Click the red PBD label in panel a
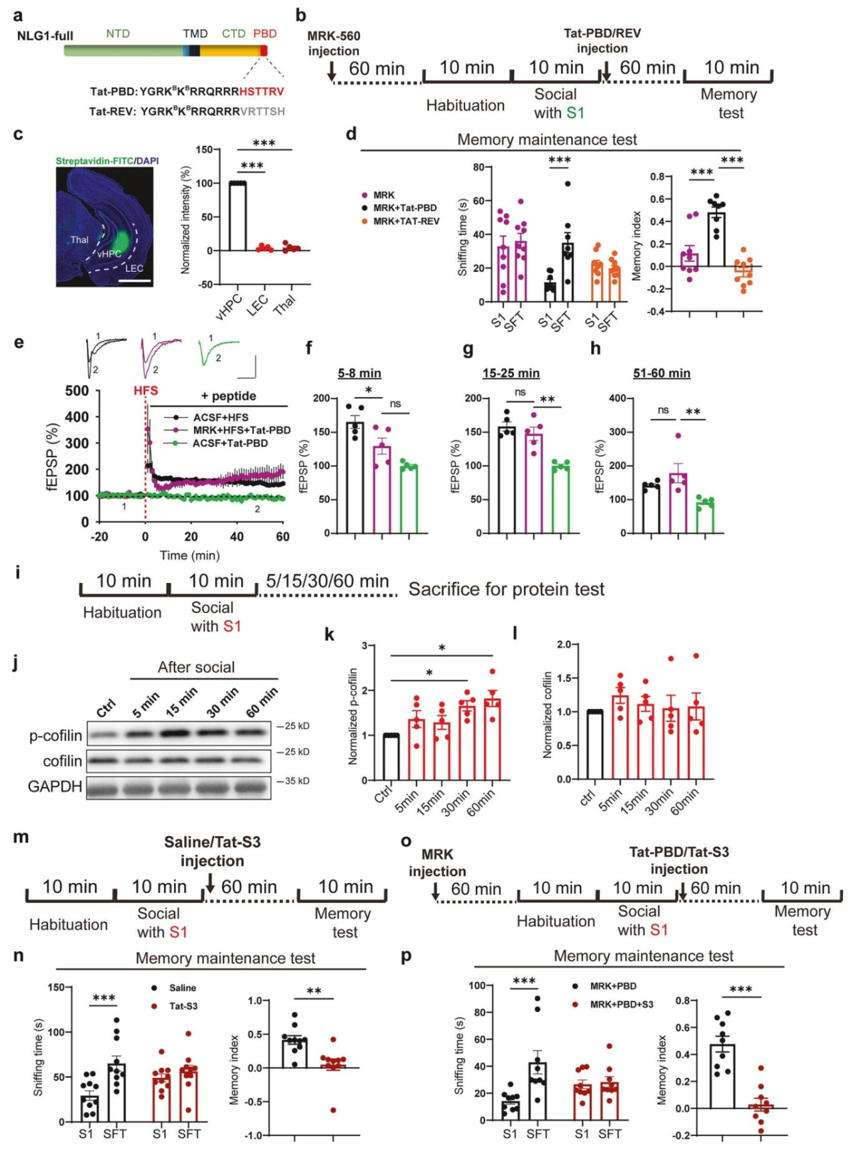click(x=265, y=33)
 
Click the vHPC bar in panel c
click(x=237, y=217)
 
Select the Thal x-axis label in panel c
click(x=284, y=305)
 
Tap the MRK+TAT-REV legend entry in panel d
click(x=406, y=221)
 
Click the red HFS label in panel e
click(x=146, y=390)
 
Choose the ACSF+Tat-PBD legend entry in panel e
click(x=230, y=443)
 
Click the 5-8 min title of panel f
click(x=359, y=373)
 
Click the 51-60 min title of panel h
click(x=661, y=373)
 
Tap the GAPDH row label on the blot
click(x=55, y=787)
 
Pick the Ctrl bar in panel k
click(x=391, y=758)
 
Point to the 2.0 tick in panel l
click(x=563, y=645)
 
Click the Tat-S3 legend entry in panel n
click(x=183, y=1006)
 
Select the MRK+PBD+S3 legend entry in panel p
click(x=621, y=1004)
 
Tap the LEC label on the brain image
click(x=134, y=269)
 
